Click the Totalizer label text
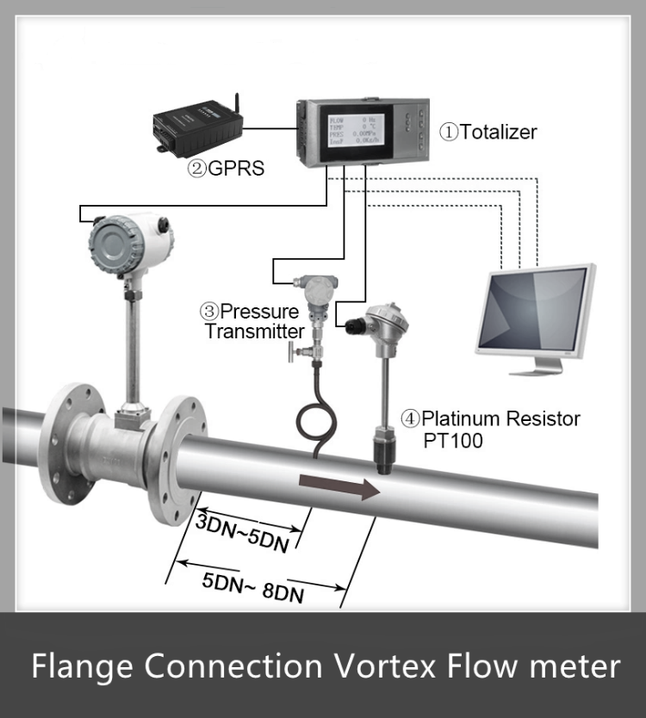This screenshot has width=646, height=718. [488, 132]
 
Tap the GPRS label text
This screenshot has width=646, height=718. [226, 168]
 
